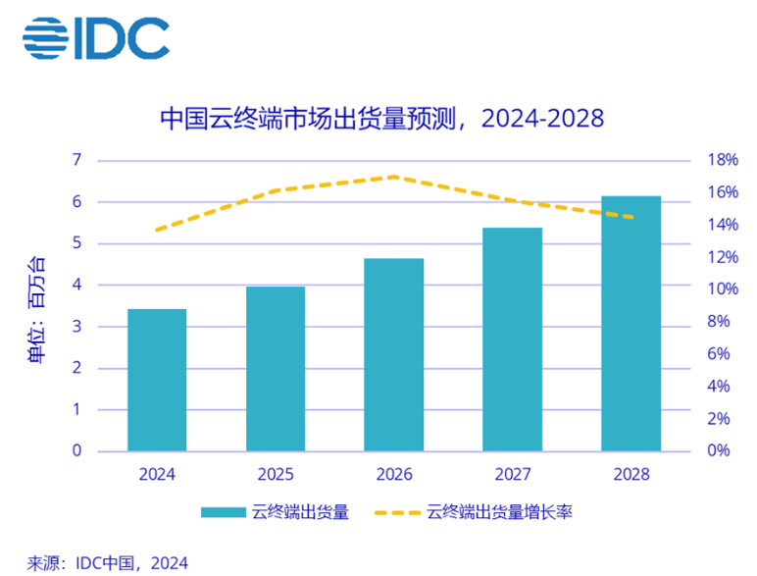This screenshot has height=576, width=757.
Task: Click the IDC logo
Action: [96, 37]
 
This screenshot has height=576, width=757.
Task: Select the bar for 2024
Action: [157, 380]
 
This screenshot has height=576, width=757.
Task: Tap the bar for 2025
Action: [276, 369]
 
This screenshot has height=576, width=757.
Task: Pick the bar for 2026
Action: [394, 354]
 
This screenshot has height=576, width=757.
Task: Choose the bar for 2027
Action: [513, 340]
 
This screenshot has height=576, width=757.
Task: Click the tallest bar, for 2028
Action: [631, 324]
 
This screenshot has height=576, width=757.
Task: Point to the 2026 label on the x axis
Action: [394, 475]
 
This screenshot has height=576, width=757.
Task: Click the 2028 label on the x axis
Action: [631, 475]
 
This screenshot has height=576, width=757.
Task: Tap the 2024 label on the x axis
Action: [157, 475]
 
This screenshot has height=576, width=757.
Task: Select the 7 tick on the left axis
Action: [76, 160]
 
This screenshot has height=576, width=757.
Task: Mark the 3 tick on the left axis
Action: [76, 327]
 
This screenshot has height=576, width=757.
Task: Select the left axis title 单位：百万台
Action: [35, 310]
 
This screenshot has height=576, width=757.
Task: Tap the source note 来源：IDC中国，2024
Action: [107, 562]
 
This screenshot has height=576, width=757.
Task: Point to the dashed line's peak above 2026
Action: [394, 177]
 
